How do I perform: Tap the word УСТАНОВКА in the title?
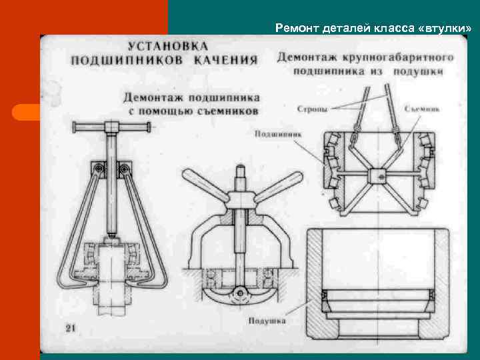[168, 47]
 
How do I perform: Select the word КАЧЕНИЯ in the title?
[226, 60]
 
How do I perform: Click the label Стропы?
[311, 107]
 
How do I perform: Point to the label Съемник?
[420, 107]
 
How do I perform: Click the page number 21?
[71, 328]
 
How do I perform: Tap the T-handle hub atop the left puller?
[111, 127]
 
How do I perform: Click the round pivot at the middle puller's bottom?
[238, 290]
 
